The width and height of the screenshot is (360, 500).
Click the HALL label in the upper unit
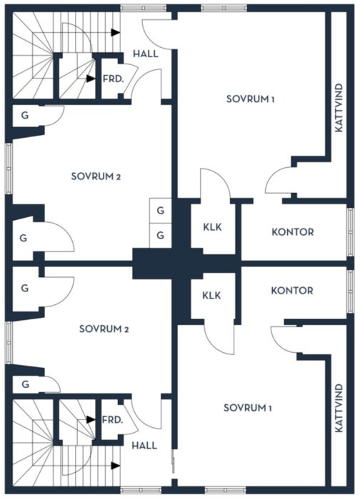click(x=146, y=54)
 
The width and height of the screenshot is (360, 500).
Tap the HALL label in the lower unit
click(x=144, y=445)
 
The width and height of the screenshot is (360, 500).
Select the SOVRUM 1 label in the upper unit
click(x=250, y=99)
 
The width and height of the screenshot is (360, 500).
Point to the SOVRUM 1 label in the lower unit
click(x=248, y=408)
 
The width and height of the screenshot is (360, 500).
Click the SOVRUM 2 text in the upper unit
click(x=96, y=176)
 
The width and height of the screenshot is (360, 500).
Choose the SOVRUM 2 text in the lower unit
click(x=104, y=329)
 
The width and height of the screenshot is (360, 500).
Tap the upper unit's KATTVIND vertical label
click(x=339, y=107)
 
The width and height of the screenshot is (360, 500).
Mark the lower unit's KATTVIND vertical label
click(x=339, y=408)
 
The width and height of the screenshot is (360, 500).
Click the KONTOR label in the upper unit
click(x=293, y=232)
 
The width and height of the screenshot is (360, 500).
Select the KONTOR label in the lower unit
click(x=292, y=291)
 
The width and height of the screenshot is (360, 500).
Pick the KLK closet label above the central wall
click(x=212, y=227)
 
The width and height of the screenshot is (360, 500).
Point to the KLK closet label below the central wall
click(x=211, y=295)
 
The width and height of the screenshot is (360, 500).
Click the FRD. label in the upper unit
click(x=113, y=79)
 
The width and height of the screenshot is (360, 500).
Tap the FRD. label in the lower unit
click(x=112, y=420)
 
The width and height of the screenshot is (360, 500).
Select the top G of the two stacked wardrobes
click(x=161, y=211)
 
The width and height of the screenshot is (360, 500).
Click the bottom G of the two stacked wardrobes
click(x=161, y=235)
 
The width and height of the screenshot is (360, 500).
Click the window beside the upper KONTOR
click(x=351, y=232)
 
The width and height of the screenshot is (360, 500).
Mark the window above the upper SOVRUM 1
click(x=224, y=8)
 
